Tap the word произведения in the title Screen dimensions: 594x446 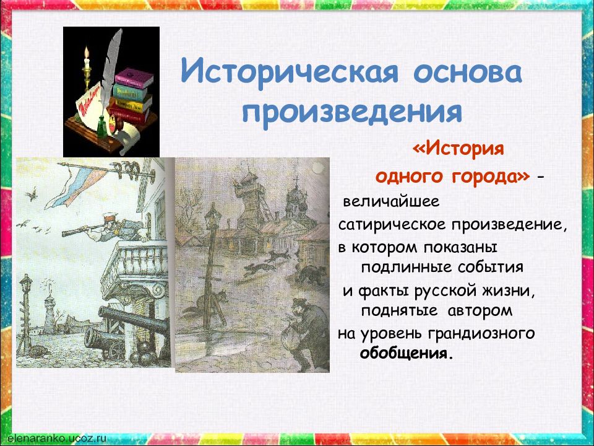click(x=352, y=111)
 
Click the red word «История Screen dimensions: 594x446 click(x=458, y=149)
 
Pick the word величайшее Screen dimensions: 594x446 click(x=391, y=201)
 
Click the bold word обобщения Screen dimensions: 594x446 click(x=406, y=354)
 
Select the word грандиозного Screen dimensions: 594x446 click(x=481, y=334)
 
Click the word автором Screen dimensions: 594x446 click(x=480, y=311)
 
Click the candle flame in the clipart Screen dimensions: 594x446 click(x=87, y=52)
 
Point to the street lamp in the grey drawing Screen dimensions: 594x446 click(x=210, y=266)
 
